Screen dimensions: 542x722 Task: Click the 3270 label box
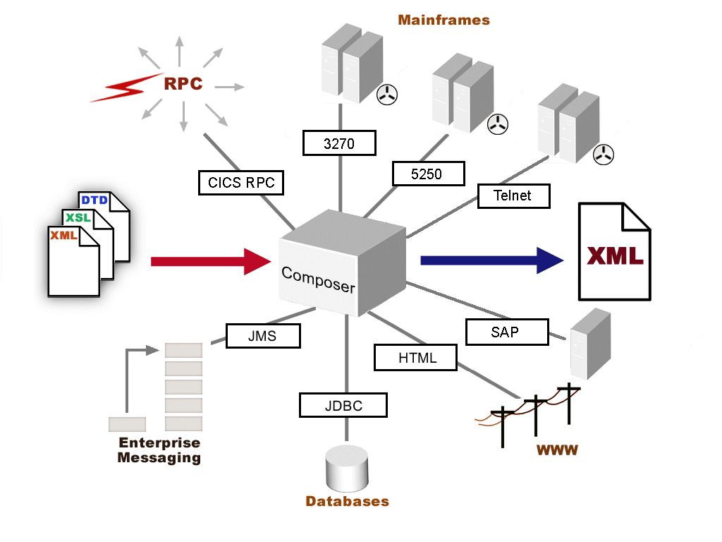coord(339,143)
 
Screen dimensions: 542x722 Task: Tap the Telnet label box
coord(513,195)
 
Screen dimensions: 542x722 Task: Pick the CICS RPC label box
coord(240,183)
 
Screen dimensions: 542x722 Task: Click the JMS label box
coord(263,336)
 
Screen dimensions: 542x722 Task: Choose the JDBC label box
coord(343,405)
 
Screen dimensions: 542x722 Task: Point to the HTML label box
coord(416,357)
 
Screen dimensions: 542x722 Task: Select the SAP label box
coord(507,332)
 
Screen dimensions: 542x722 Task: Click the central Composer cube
coord(343,267)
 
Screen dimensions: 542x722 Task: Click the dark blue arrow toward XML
coord(491,260)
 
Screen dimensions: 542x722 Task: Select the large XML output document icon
coord(614,251)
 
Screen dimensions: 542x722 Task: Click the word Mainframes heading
coord(443,20)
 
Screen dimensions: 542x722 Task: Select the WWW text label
coord(557,450)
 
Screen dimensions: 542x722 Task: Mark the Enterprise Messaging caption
coord(159,450)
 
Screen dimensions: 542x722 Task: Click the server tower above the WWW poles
coord(590,344)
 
